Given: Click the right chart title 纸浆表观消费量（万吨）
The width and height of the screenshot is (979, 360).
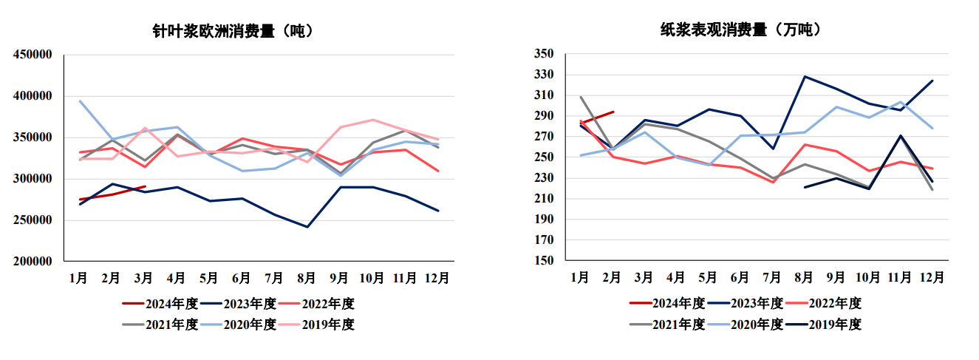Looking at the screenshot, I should [741, 30].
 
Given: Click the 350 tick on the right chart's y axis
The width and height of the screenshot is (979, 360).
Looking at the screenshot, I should [543, 54].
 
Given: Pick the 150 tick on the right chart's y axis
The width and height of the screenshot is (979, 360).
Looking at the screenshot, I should [543, 261].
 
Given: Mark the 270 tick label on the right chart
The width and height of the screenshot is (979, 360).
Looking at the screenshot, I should [543, 137].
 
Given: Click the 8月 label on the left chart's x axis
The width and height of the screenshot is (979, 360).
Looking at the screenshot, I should [307, 278].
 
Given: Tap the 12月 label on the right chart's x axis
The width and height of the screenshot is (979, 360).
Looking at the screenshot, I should [932, 278].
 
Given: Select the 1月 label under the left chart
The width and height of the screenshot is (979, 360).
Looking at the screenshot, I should [79, 278].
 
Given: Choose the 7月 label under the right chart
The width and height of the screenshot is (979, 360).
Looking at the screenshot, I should [772, 278].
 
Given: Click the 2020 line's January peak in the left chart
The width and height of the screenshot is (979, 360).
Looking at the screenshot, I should [79, 101].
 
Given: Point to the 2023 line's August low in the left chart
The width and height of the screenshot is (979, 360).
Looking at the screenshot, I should [307, 227].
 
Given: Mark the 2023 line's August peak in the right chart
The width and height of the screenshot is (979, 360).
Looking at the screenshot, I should [804, 76].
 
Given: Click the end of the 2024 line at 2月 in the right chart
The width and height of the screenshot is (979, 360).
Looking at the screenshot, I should [613, 112].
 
